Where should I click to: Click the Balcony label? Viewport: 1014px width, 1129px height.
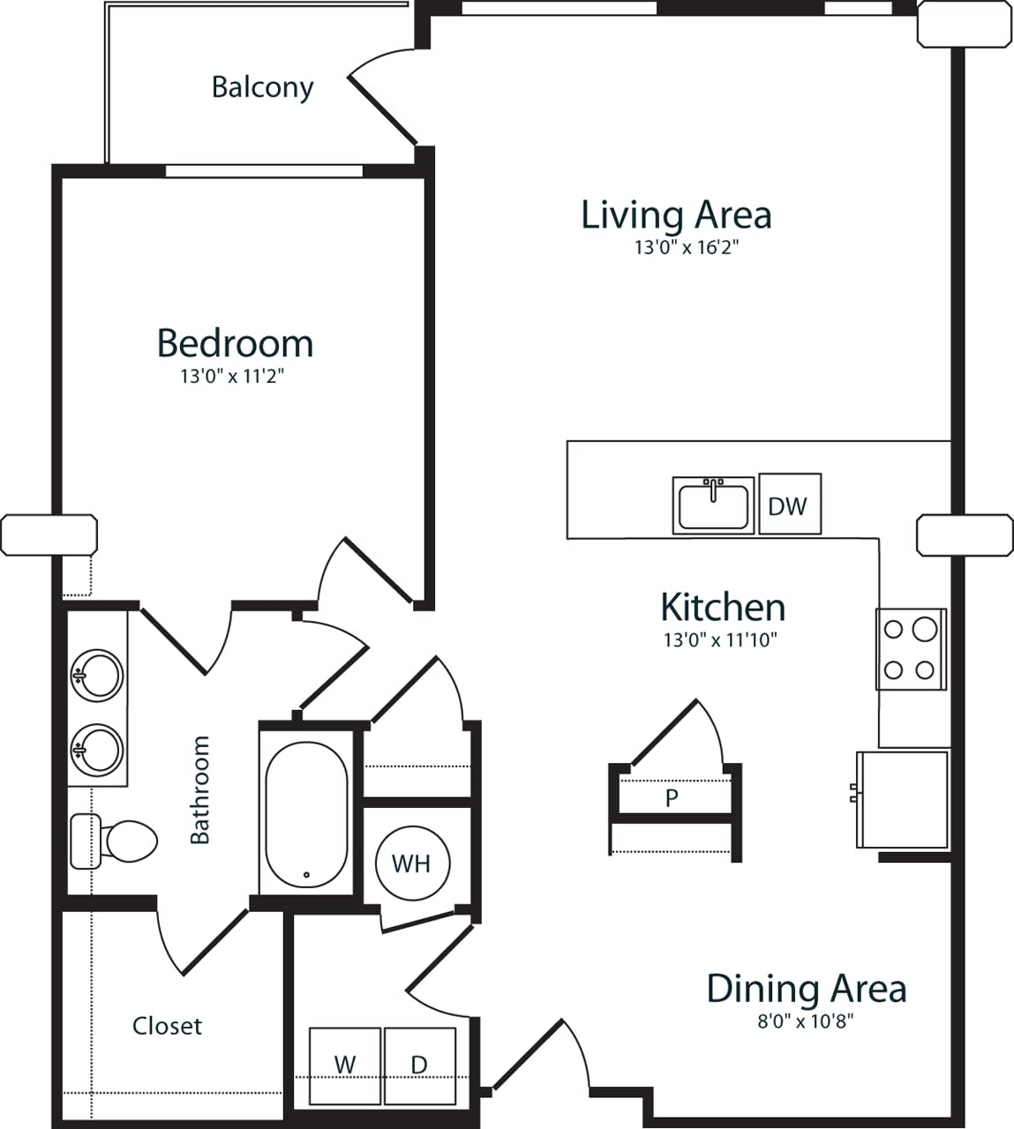pos(262,87)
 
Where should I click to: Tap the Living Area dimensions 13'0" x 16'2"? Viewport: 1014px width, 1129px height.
pos(685,248)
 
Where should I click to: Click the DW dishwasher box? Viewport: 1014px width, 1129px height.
pos(789,505)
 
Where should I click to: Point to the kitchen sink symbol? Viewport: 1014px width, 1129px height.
pos(713,505)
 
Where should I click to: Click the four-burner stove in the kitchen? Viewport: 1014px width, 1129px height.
pos(911,649)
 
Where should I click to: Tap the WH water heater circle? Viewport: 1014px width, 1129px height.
pos(412,862)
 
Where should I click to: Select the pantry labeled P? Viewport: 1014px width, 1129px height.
pos(672,798)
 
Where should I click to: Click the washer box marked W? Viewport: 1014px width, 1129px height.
pos(345,1065)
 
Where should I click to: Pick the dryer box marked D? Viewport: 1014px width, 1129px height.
pos(420,1065)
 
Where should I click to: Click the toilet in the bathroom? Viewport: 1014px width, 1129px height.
pos(116,841)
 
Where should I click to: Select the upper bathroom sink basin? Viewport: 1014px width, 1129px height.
pos(96,677)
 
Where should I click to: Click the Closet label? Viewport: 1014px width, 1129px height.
pos(167,1026)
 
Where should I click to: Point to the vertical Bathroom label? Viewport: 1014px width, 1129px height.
pos(201,789)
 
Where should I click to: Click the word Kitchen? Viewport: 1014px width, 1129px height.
pos(722,608)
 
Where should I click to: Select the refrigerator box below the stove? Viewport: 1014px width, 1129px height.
pos(902,799)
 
